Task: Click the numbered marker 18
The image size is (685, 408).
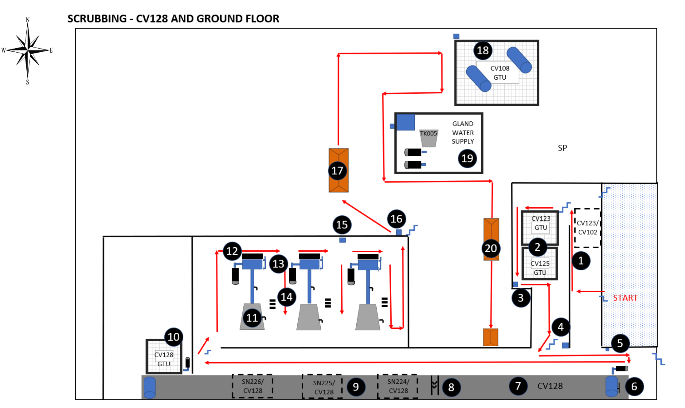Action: tap(483, 50)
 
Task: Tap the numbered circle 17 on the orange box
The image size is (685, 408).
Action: tap(337, 171)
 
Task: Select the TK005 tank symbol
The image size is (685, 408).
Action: tap(429, 138)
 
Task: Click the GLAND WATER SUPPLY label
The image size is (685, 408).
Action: tap(463, 132)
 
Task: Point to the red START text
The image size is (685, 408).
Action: tap(625, 298)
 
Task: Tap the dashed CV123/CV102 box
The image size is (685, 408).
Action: tap(587, 228)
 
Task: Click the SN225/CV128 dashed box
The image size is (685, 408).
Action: tap(323, 387)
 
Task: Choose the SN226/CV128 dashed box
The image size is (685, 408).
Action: tap(252, 386)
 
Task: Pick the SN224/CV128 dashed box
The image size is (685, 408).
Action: tap(398, 386)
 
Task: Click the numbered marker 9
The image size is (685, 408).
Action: tap(356, 387)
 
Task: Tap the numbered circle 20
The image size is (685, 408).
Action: tap(491, 248)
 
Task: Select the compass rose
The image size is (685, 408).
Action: tap(28, 50)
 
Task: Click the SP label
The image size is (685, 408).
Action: tap(562, 148)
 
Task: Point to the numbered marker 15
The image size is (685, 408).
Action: tap(342, 225)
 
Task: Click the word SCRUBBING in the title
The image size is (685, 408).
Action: tap(97, 19)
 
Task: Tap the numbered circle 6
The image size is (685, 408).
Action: tap(634, 386)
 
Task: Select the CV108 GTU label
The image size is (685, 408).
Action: tap(499, 73)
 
